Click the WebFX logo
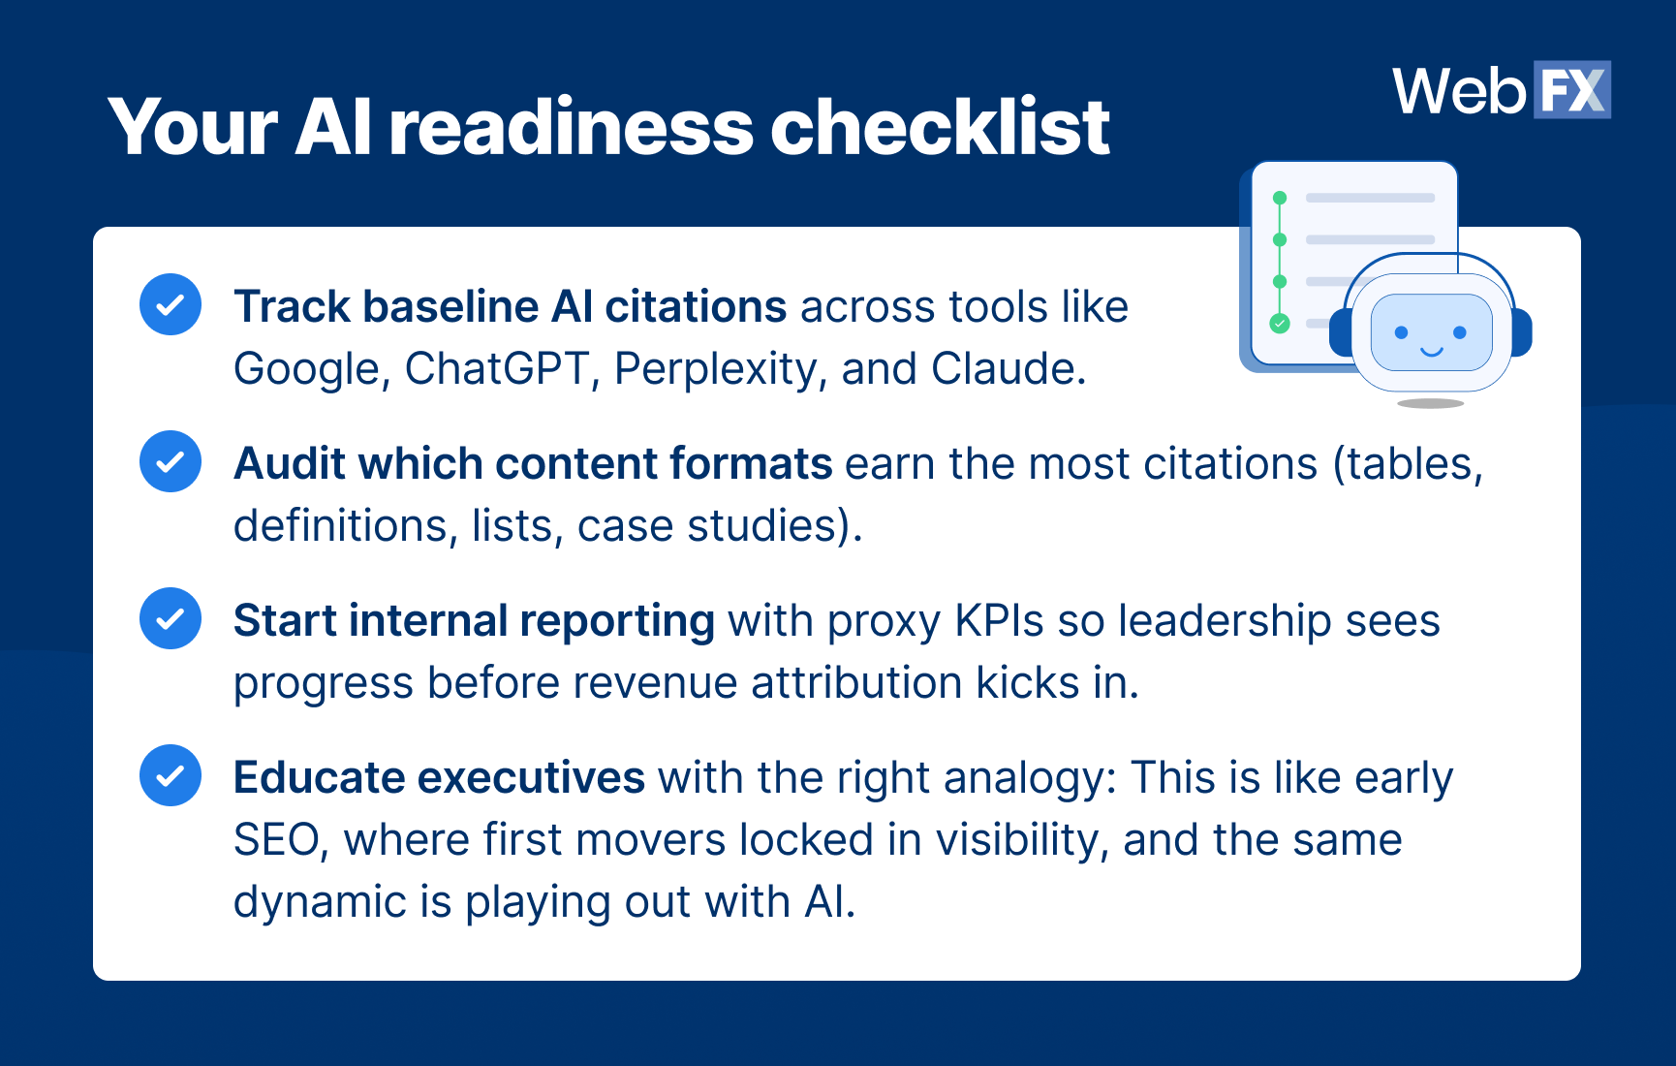tap(1502, 90)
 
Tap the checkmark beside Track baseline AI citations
tap(171, 304)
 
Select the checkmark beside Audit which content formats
tap(171, 461)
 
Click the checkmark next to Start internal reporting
tap(171, 618)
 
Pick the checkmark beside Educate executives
tap(171, 775)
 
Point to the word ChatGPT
tap(497, 368)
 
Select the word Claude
tap(1008, 368)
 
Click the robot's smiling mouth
tap(1431, 351)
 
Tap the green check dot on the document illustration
tap(1280, 324)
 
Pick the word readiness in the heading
tap(572, 127)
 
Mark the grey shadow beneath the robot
tap(1431, 403)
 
